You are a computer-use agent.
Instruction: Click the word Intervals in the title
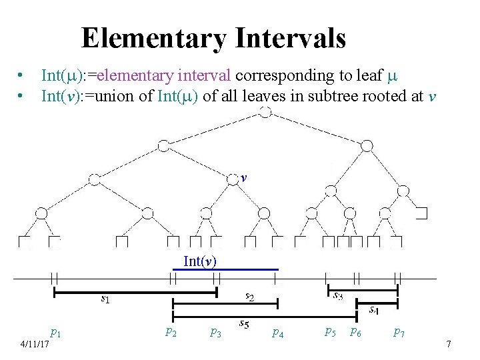click(x=291, y=39)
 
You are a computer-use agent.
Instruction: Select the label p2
click(x=171, y=331)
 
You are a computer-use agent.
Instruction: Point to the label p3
click(x=215, y=331)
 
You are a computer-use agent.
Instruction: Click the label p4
click(x=277, y=331)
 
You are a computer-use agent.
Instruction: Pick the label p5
click(x=330, y=331)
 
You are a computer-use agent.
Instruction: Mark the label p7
click(x=399, y=331)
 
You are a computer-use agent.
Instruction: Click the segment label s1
click(x=105, y=299)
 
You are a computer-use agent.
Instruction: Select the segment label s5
click(x=244, y=325)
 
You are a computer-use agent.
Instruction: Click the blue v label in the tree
click(x=245, y=179)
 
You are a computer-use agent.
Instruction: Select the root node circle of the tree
click(x=265, y=112)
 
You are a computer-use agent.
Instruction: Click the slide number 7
click(x=449, y=344)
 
